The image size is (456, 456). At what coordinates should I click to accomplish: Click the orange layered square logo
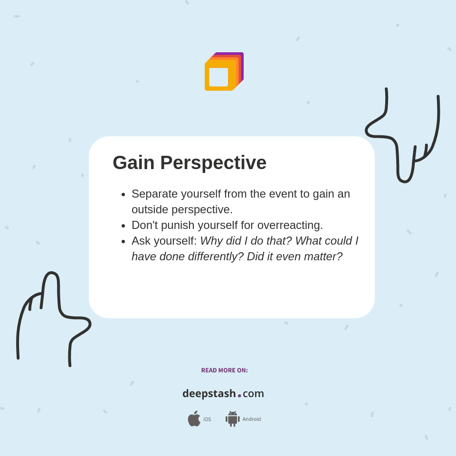pos(224,72)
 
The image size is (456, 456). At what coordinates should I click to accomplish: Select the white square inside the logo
pos(218,77)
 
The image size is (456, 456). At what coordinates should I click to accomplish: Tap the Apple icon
pos(194,418)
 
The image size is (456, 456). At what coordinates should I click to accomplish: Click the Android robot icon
pos(232,418)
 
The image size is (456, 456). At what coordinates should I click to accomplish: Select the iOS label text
pos(207,419)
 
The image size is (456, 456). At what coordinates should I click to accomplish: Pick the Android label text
pos(251,419)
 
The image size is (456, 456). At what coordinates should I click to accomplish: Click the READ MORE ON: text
pos(224,370)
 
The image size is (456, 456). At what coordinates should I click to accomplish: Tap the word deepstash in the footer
pos(209,394)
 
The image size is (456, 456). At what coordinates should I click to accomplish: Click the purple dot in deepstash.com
pos(239,396)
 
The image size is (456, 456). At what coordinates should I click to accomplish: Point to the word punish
pos(177,226)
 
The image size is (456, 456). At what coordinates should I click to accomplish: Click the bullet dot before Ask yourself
pos(123,241)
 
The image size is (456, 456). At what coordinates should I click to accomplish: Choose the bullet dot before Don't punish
pos(123,226)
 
